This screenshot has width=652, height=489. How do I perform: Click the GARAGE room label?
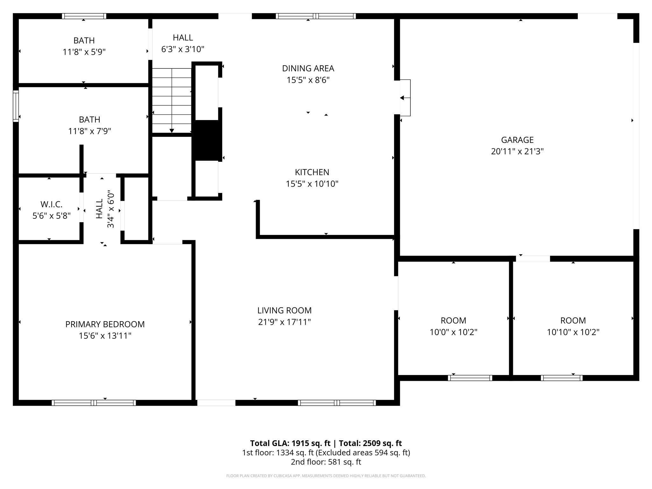coord(517,140)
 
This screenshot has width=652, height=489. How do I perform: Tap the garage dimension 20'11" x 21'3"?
coord(517,152)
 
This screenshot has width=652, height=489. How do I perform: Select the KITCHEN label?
coord(312,172)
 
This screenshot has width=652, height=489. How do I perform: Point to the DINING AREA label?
coord(308,68)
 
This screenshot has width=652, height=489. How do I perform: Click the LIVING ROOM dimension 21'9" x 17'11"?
coord(284,322)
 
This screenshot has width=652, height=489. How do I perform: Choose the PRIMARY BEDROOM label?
coord(105,324)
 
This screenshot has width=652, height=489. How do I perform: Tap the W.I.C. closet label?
coord(51,204)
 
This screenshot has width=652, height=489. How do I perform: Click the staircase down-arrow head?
coord(172,131)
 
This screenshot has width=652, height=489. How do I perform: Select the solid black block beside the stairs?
coord(207,140)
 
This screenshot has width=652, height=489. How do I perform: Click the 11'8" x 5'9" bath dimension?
coord(84,52)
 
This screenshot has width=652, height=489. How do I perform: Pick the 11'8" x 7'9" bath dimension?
coord(89,131)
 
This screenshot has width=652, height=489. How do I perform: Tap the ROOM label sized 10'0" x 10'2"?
coord(453,320)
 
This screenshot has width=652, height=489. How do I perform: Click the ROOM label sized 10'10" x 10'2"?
coord(573,320)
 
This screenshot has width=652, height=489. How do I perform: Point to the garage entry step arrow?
coord(402,98)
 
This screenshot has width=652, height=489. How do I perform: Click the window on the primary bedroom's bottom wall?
coord(94,402)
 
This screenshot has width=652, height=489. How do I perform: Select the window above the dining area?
coord(315,16)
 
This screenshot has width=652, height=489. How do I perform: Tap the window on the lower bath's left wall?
coord(16,106)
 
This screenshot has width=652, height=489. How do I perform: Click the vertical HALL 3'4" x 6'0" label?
coord(100,209)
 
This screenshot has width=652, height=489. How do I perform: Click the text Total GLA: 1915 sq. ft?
coord(290,443)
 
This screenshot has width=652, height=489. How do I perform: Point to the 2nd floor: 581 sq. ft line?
coord(326,462)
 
